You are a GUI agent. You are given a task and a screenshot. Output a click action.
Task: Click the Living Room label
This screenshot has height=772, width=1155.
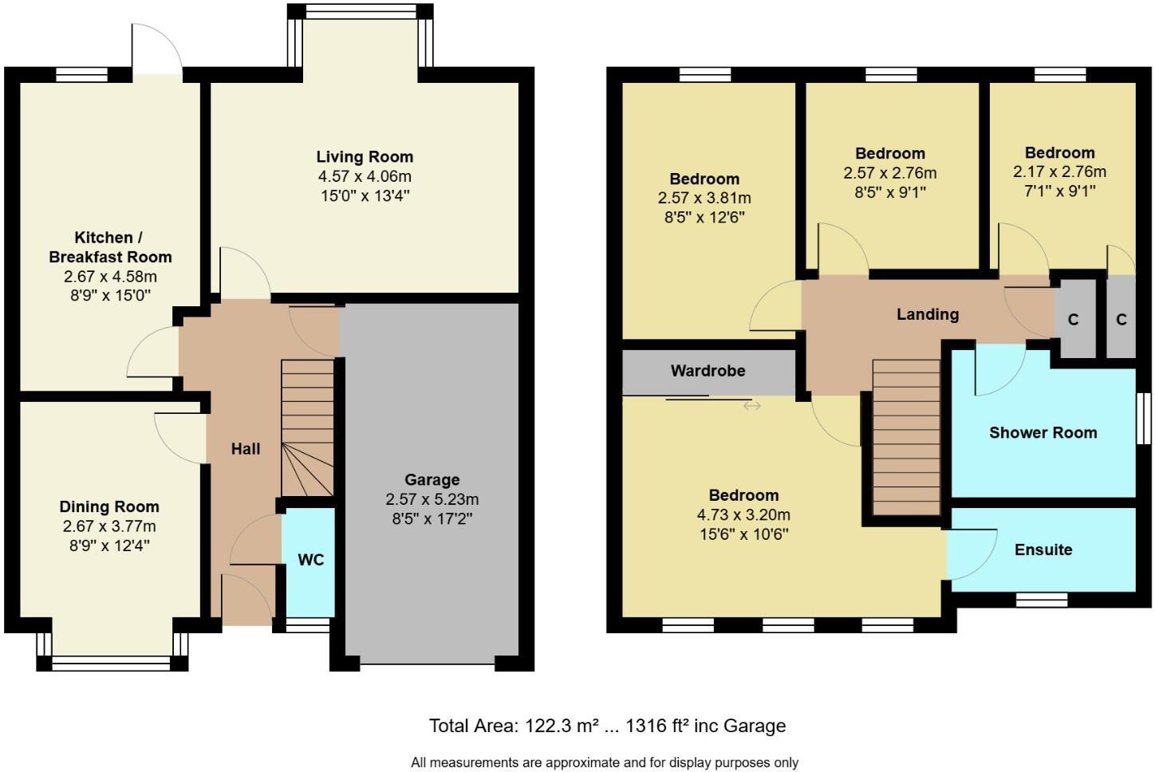[365, 157]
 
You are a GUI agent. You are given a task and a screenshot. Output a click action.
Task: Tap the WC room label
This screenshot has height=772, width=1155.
[311, 560]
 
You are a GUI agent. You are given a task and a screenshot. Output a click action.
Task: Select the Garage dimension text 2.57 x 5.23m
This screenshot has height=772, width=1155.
[432, 499]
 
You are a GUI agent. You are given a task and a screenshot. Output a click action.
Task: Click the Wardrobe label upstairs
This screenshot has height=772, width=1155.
[708, 371]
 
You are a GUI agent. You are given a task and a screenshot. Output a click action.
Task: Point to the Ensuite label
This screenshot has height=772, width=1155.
[1043, 549]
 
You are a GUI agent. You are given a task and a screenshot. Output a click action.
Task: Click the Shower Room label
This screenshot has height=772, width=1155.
[1043, 433]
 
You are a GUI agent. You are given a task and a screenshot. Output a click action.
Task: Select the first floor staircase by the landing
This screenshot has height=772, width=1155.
[906, 439]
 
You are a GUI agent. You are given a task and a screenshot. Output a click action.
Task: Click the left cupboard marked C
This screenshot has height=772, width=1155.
[1073, 320]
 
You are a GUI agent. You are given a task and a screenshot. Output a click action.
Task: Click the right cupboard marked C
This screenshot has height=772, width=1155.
[1121, 320]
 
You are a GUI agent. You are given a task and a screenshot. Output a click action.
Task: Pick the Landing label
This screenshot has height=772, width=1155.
[927, 314]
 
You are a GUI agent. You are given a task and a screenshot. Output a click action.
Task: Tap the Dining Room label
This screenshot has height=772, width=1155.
[109, 506]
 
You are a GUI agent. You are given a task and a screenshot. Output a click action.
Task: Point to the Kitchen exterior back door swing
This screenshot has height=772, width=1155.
[158, 48]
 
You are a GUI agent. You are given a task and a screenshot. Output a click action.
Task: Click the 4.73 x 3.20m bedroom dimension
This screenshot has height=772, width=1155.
[743, 515]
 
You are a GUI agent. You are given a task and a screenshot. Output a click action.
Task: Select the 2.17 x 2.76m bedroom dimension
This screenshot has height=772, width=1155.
[1059, 172]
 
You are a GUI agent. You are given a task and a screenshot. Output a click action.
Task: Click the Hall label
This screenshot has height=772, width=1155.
[246, 449]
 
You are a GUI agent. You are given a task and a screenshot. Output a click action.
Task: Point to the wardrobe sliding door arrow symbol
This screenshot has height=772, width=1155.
[751, 406]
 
